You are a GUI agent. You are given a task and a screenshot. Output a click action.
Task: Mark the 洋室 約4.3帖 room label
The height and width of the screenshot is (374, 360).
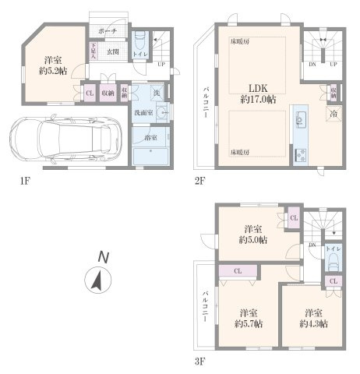click(312, 316)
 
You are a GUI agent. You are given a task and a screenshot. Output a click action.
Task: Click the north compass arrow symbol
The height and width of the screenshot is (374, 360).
click(96, 278)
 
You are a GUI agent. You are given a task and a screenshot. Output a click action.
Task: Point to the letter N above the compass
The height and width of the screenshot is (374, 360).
click(102, 256)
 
